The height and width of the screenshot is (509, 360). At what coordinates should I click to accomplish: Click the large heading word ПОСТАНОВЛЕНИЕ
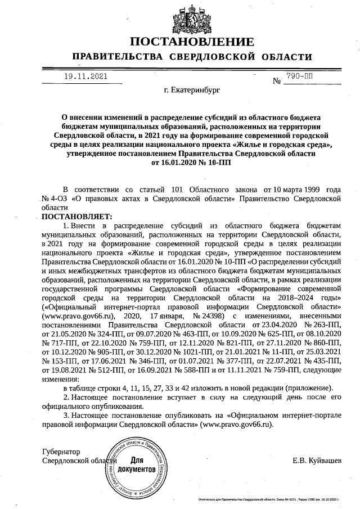pos(191,43)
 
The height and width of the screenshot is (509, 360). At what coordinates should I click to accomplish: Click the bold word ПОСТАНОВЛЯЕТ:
pos(69,216)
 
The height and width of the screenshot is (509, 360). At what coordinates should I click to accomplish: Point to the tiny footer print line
pos(268,499)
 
